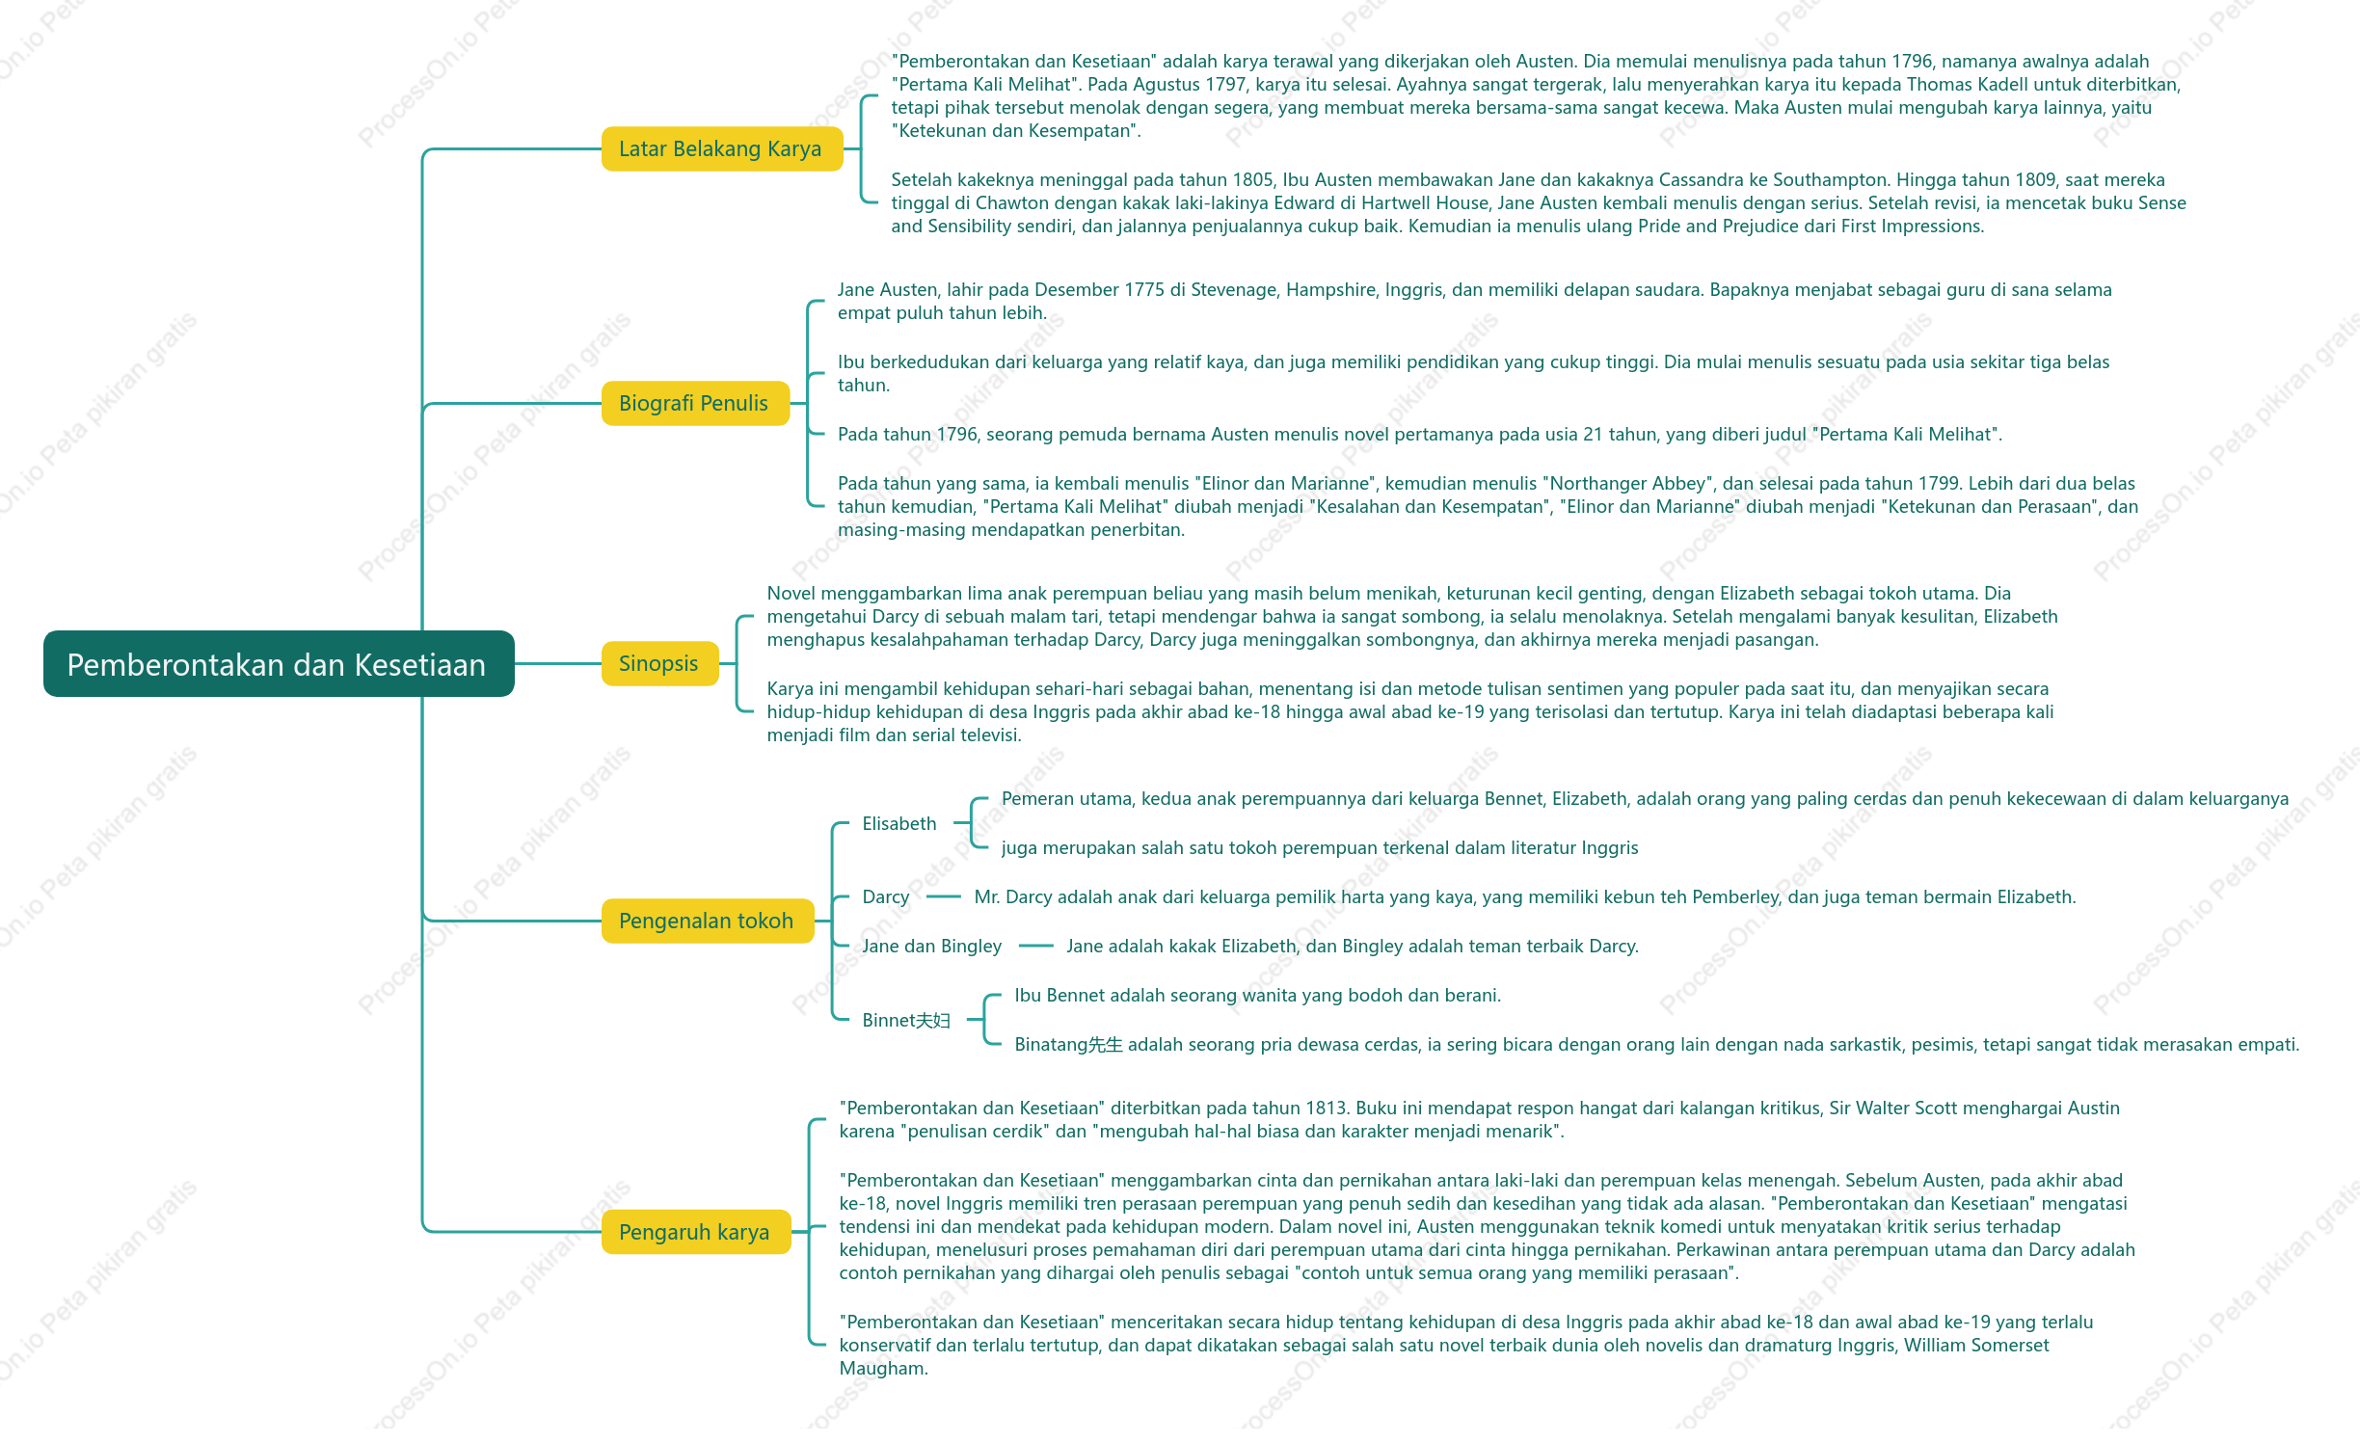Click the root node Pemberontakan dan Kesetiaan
(x=279, y=664)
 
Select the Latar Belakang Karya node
(x=722, y=149)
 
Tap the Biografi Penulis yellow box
(x=695, y=404)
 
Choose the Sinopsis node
(x=659, y=664)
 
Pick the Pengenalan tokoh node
(x=708, y=922)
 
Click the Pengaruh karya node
(x=696, y=1233)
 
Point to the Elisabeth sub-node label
(x=899, y=824)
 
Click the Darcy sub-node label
(x=886, y=897)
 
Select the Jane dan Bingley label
(x=932, y=947)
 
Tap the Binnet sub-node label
(x=906, y=1021)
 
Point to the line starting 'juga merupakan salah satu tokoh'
(x=1320, y=848)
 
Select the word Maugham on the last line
(x=883, y=1369)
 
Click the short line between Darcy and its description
(x=944, y=897)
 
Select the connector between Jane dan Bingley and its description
(x=1036, y=947)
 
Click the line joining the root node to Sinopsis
(x=558, y=664)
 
